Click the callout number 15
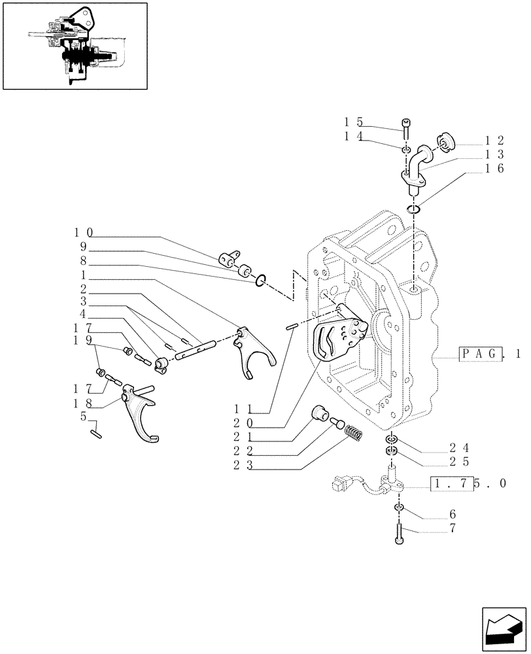[353, 122]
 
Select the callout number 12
[494, 140]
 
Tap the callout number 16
[494, 169]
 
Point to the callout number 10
[83, 232]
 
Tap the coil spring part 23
[352, 433]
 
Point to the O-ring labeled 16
[413, 209]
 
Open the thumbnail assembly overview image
[75, 46]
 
